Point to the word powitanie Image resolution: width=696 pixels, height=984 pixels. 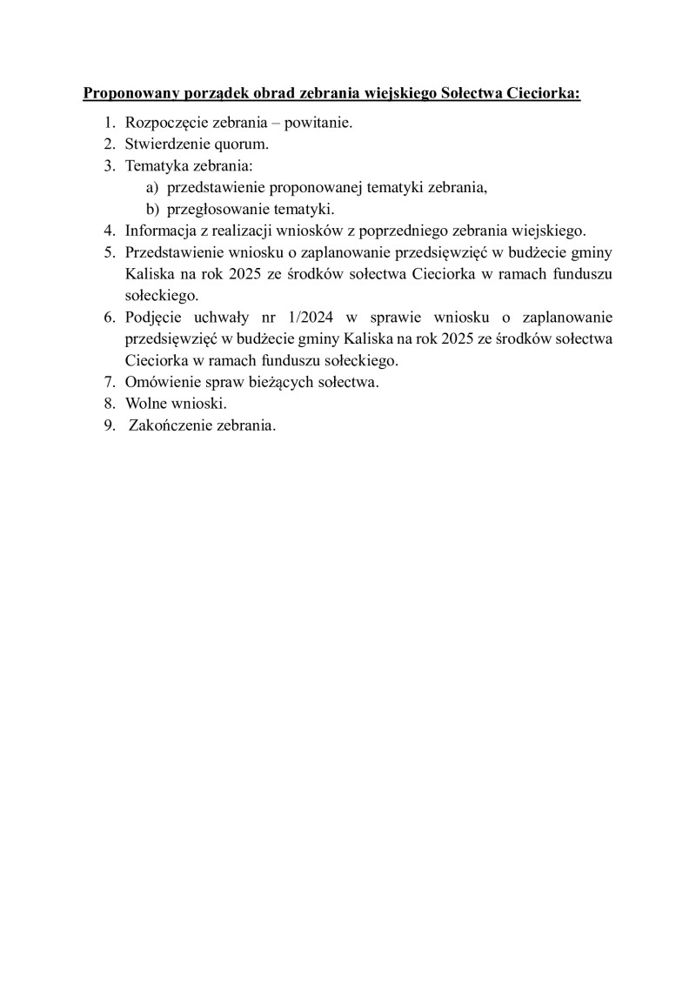click(x=318, y=123)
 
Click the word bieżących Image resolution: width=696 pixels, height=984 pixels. click(x=286, y=382)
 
